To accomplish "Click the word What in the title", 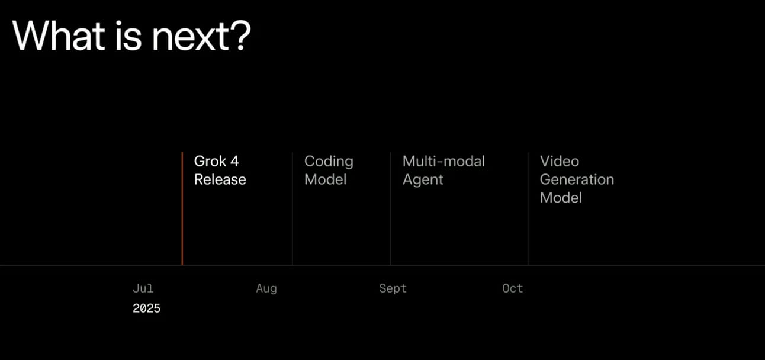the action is (59, 36).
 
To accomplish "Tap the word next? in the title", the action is (201, 36).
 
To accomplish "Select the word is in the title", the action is (128, 36).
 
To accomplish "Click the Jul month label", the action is (143, 288).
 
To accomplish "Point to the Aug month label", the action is (266, 288).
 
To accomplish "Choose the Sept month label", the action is (393, 288).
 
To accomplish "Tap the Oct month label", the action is (513, 288).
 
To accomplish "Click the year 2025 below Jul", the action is (146, 308).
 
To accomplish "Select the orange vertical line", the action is (182, 208).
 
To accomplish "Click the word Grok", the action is (210, 161).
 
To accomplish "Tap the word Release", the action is (220, 179).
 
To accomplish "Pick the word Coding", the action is (329, 162).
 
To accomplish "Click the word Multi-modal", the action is (443, 161).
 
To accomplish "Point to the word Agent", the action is (423, 180).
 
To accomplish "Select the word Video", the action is (560, 161).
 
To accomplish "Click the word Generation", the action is (577, 179).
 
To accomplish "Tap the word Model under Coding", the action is (326, 179).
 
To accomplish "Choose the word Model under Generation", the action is (561, 197).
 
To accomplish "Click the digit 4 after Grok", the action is (234, 161).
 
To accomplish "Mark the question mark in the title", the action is (242, 36).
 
